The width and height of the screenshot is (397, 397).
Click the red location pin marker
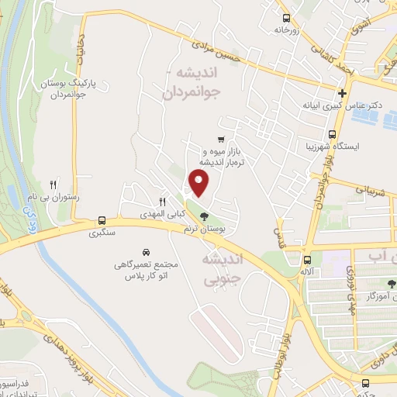[199, 183]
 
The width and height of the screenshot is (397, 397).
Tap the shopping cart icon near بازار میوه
[222, 140]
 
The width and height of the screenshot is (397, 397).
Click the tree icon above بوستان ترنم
[204, 216]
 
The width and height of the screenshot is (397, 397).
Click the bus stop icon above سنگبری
[102, 220]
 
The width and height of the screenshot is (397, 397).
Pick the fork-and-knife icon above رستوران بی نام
[53, 185]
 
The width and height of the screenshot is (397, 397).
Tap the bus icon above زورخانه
[286, 17]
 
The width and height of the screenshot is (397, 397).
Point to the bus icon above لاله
[309, 260]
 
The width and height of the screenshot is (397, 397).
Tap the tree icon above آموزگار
[391, 283]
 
